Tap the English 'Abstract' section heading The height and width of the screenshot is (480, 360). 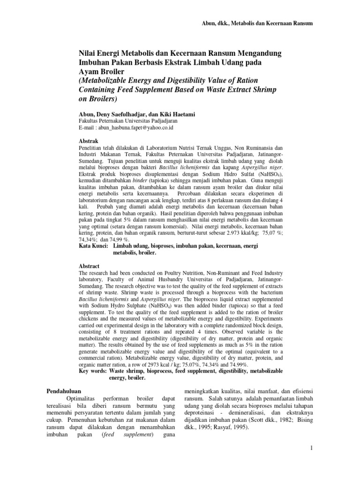pyautogui.click(x=89, y=266)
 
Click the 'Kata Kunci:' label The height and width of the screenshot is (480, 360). pyautogui.click(x=93, y=246)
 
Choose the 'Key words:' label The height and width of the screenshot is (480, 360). pyautogui.click(x=93, y=371)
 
